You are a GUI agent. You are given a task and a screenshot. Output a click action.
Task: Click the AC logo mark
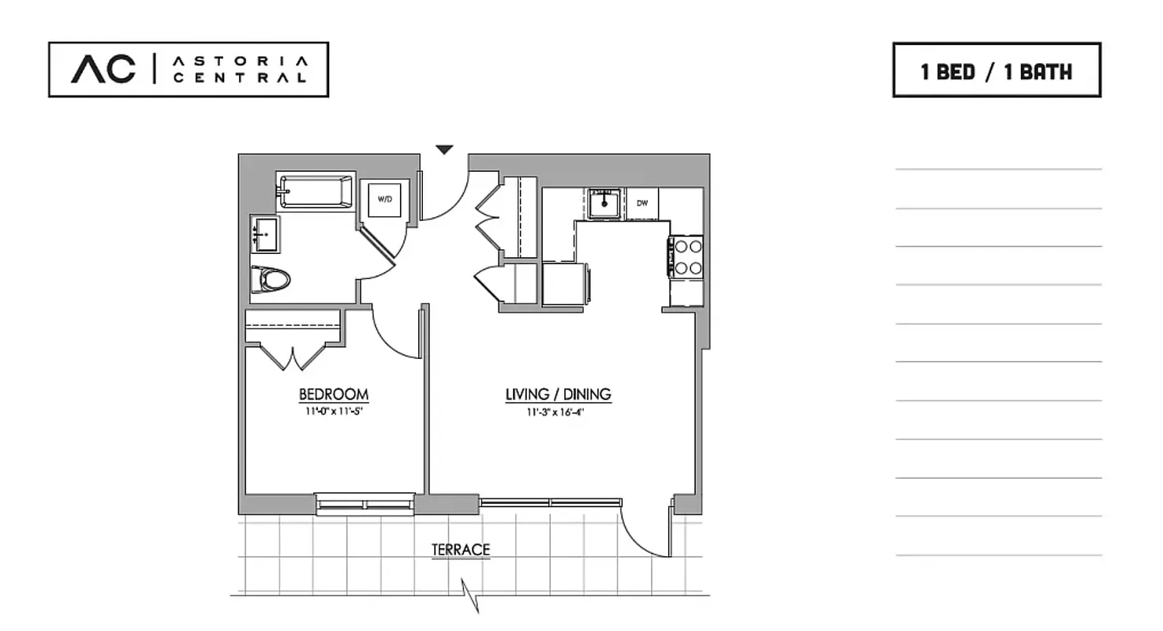pos(103,69)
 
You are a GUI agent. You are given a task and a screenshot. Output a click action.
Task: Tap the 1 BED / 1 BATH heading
pos(997,72)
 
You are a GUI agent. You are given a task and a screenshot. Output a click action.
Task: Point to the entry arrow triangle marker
pos(445,149)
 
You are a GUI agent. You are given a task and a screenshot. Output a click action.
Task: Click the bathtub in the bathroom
pos(316,192)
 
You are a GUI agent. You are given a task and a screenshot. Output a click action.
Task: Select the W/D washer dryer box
pos(384,200)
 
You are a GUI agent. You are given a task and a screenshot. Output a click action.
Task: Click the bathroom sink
pos(265,234)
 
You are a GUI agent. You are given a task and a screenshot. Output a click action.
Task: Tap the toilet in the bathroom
pos(271,279)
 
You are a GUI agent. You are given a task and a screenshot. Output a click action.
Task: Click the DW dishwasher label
pos(642,203)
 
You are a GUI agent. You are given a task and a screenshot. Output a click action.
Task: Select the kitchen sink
pos(604,203)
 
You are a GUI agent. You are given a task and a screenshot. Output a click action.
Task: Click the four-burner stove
pos(687,257)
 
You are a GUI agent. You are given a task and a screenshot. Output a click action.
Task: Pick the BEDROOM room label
pos(333,394)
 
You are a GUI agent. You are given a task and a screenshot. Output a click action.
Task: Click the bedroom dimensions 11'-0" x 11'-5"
pos(333,412)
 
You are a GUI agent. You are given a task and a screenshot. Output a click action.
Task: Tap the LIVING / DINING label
pos(558,394)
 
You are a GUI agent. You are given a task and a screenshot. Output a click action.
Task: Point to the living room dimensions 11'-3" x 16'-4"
pos(558,412)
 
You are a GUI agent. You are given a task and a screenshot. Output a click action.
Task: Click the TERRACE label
pos(461,550)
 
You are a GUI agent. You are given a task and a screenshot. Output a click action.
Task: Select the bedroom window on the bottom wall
pos(365,504)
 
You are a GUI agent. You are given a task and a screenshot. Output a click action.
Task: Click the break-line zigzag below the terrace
pos(471,596)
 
